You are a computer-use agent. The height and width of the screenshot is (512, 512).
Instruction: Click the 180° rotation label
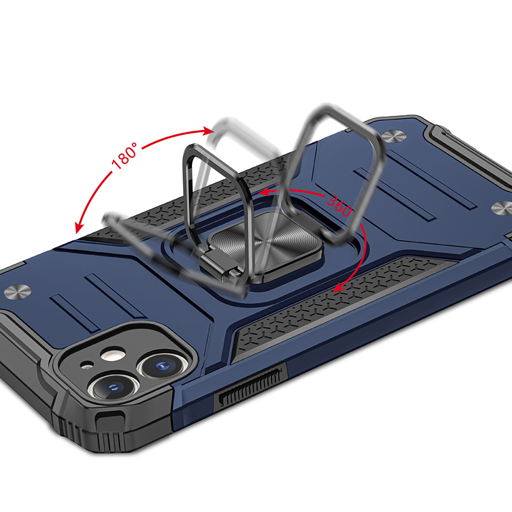pos(124,156)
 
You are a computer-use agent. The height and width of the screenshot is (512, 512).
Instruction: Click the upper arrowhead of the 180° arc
pos(208,131)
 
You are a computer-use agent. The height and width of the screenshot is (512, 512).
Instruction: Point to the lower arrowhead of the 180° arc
pos(79,227)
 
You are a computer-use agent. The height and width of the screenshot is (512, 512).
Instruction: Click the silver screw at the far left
pos(17,291)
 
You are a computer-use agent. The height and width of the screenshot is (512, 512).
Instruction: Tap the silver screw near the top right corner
pos(394,136)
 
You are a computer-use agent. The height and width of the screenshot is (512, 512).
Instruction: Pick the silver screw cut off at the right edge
pos(502,209)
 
